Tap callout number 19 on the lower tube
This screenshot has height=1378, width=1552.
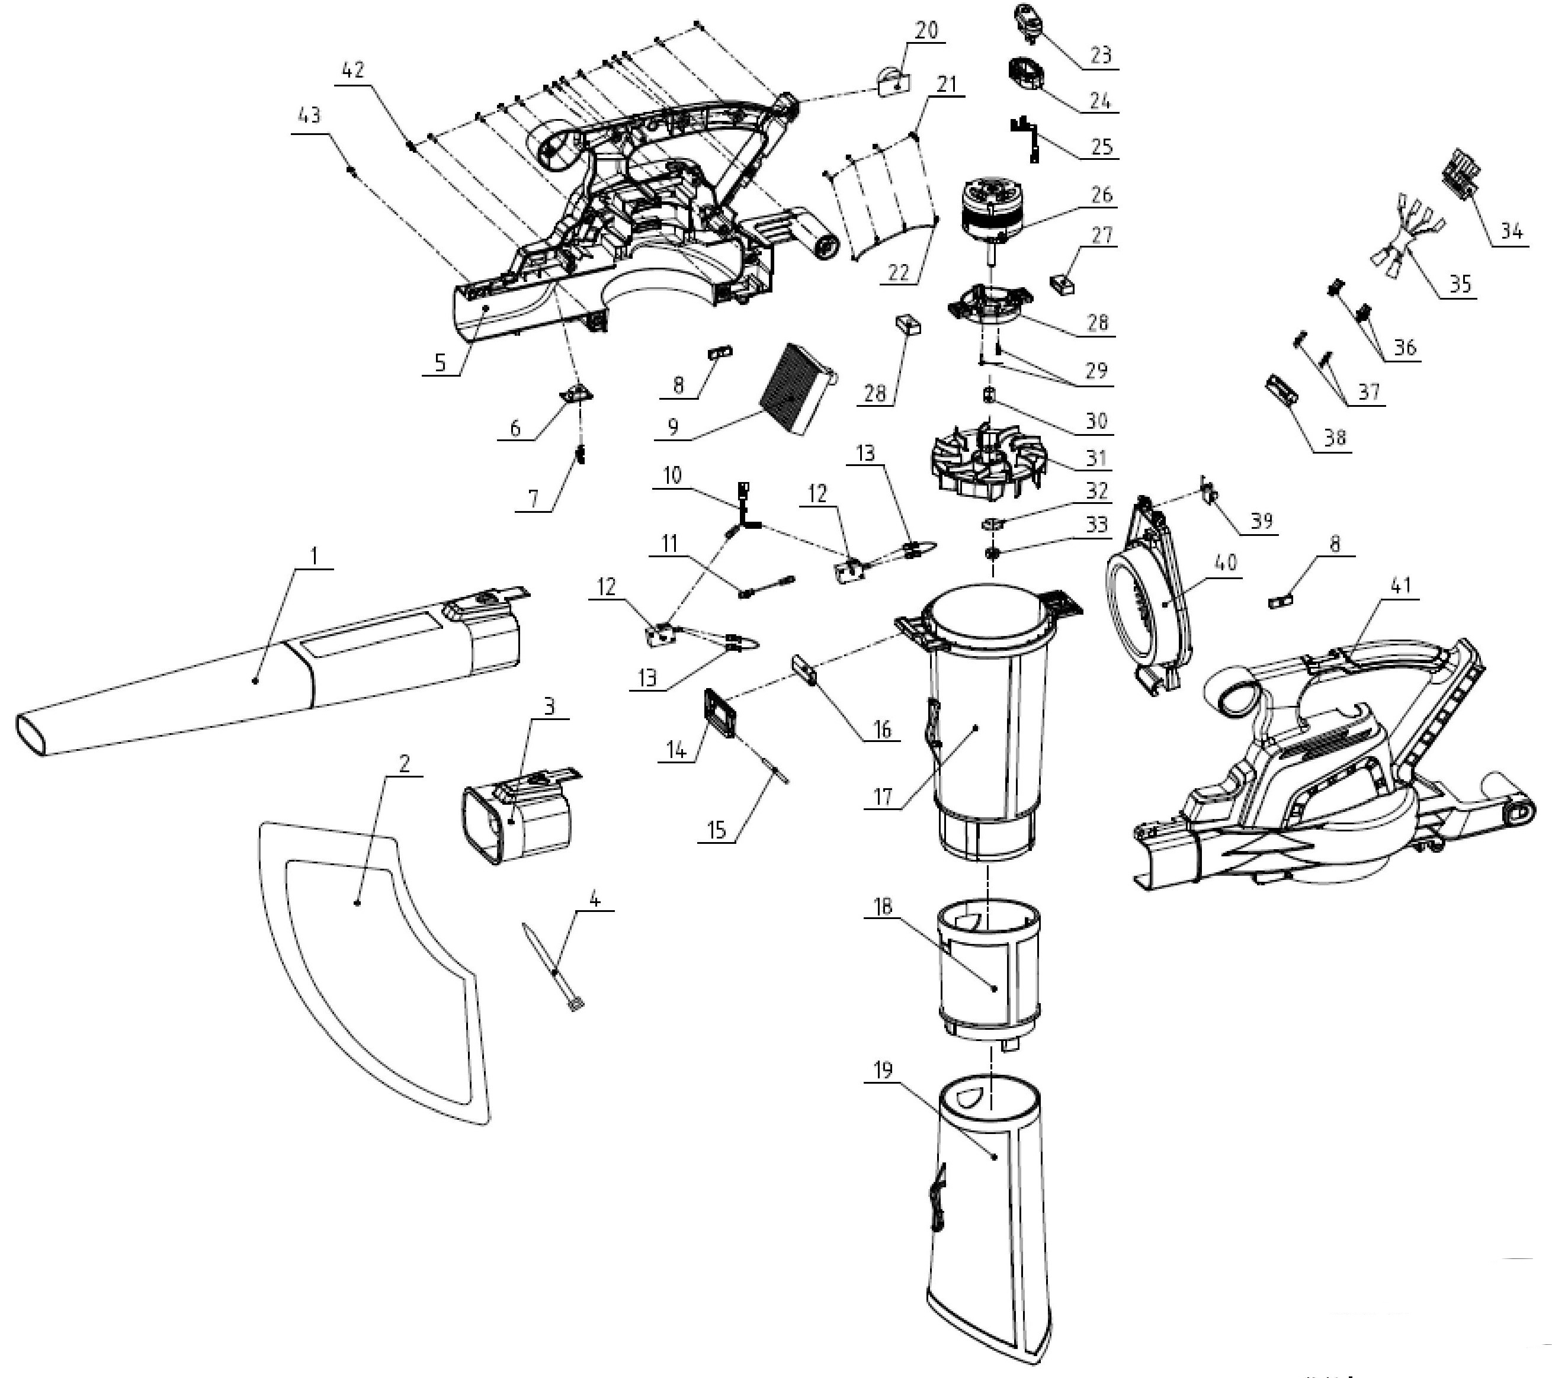[884, 1071]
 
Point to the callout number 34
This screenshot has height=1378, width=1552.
[1511, 232]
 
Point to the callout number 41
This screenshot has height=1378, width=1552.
[1399, 585]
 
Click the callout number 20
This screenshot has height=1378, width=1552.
[927, 30]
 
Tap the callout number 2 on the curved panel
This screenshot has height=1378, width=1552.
[405, 764]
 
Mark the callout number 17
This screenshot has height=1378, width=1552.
[883, 796]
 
